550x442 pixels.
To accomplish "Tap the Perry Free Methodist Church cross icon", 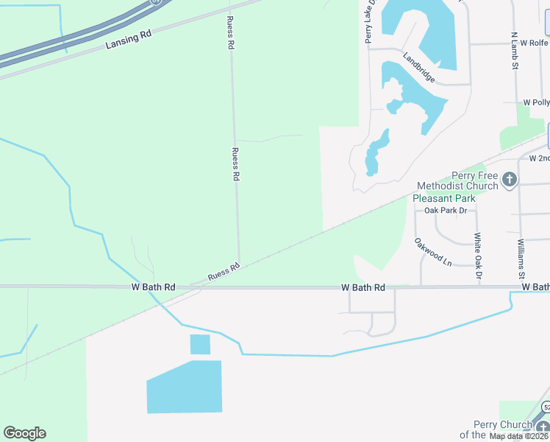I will click(509, 179).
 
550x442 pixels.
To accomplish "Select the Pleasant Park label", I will click(444, 197).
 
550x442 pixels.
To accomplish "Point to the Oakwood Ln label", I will click(432, 250).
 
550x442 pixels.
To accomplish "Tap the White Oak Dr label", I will click(478, 256).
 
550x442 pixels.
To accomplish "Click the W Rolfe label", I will click(535, 43).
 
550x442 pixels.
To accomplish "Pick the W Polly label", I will click(536, 103).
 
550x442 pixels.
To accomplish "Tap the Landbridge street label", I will click(419, 67).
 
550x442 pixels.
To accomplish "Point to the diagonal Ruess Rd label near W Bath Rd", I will click(224, 271).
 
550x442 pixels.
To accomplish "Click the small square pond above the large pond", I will click(200, 344).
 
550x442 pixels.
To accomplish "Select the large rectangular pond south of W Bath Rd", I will click(185, 387).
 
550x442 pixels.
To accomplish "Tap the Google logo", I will click(24, 433).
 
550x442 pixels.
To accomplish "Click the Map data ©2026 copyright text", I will click(517, 436).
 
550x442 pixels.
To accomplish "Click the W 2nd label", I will click(539, 158).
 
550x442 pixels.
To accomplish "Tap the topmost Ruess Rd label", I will click(230, 34).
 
